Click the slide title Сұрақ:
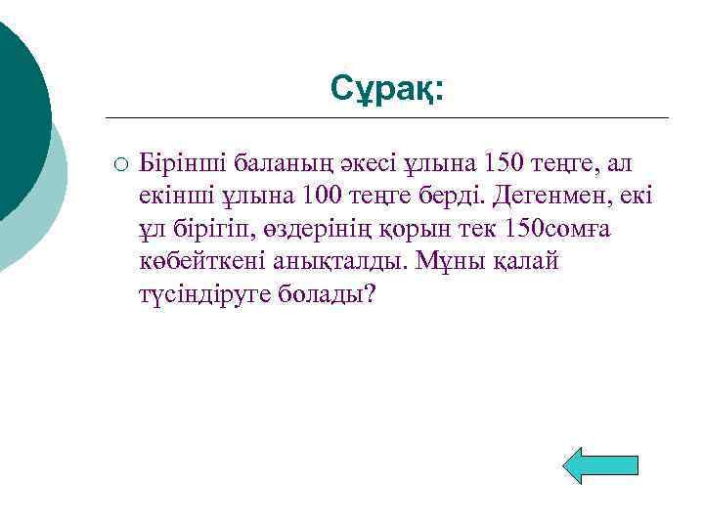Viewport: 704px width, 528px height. point(386,88)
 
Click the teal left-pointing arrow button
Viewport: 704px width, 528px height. point(602,464)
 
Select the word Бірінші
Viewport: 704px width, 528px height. point(177,159)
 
